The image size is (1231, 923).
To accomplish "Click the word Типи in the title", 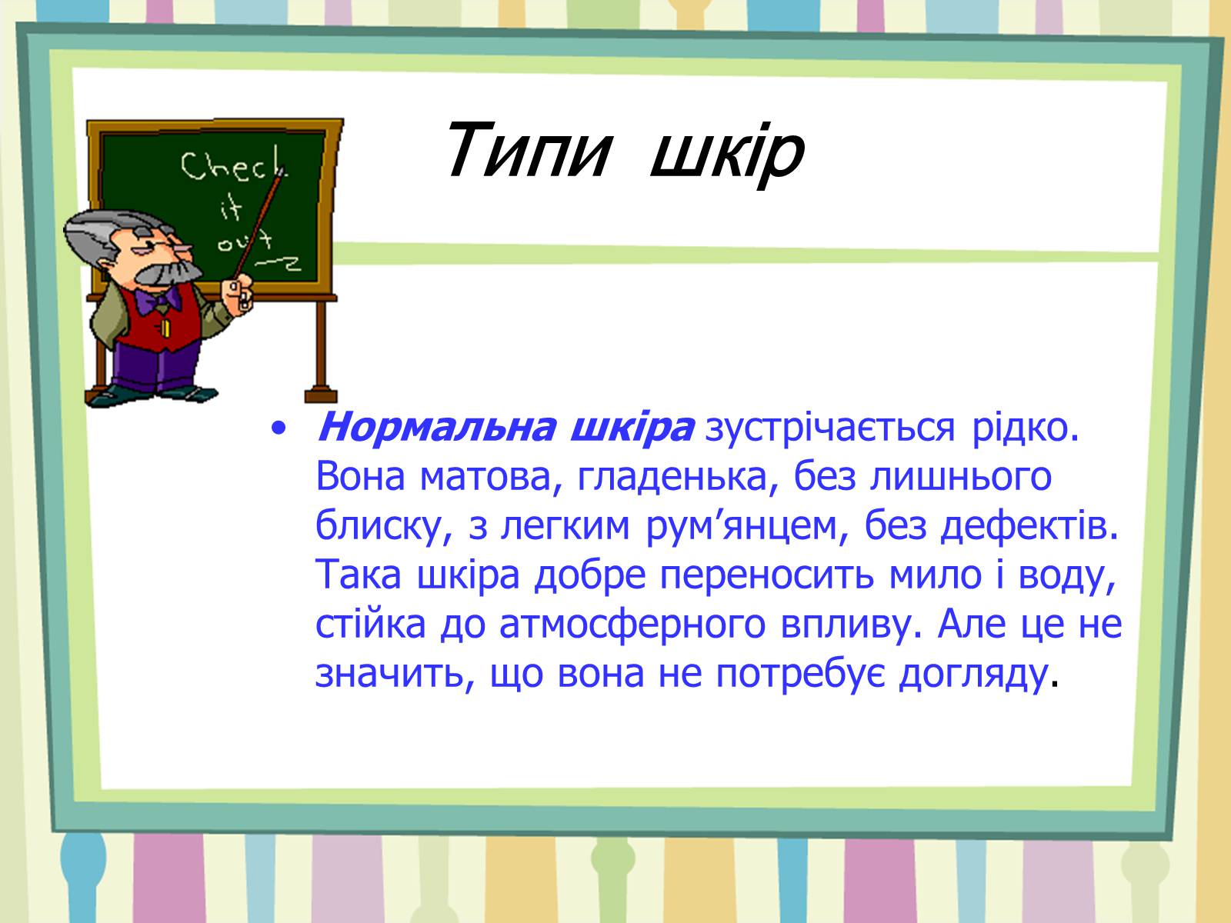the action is [x=528, y=150].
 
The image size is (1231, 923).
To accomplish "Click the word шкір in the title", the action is [x=727, y=154].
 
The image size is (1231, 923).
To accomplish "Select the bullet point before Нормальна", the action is [x=279, y=429].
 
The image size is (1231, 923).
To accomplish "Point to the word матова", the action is [x=485, y=477].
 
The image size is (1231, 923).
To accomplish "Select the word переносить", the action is [x=766, y=575].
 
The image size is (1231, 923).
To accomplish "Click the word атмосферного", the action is [x=632, y=625].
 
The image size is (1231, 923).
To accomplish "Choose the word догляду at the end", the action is [x=973, y=675].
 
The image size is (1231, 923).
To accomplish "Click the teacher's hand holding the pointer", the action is [x=238, y=294].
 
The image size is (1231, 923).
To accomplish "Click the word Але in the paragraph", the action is [x=969, y=625].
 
